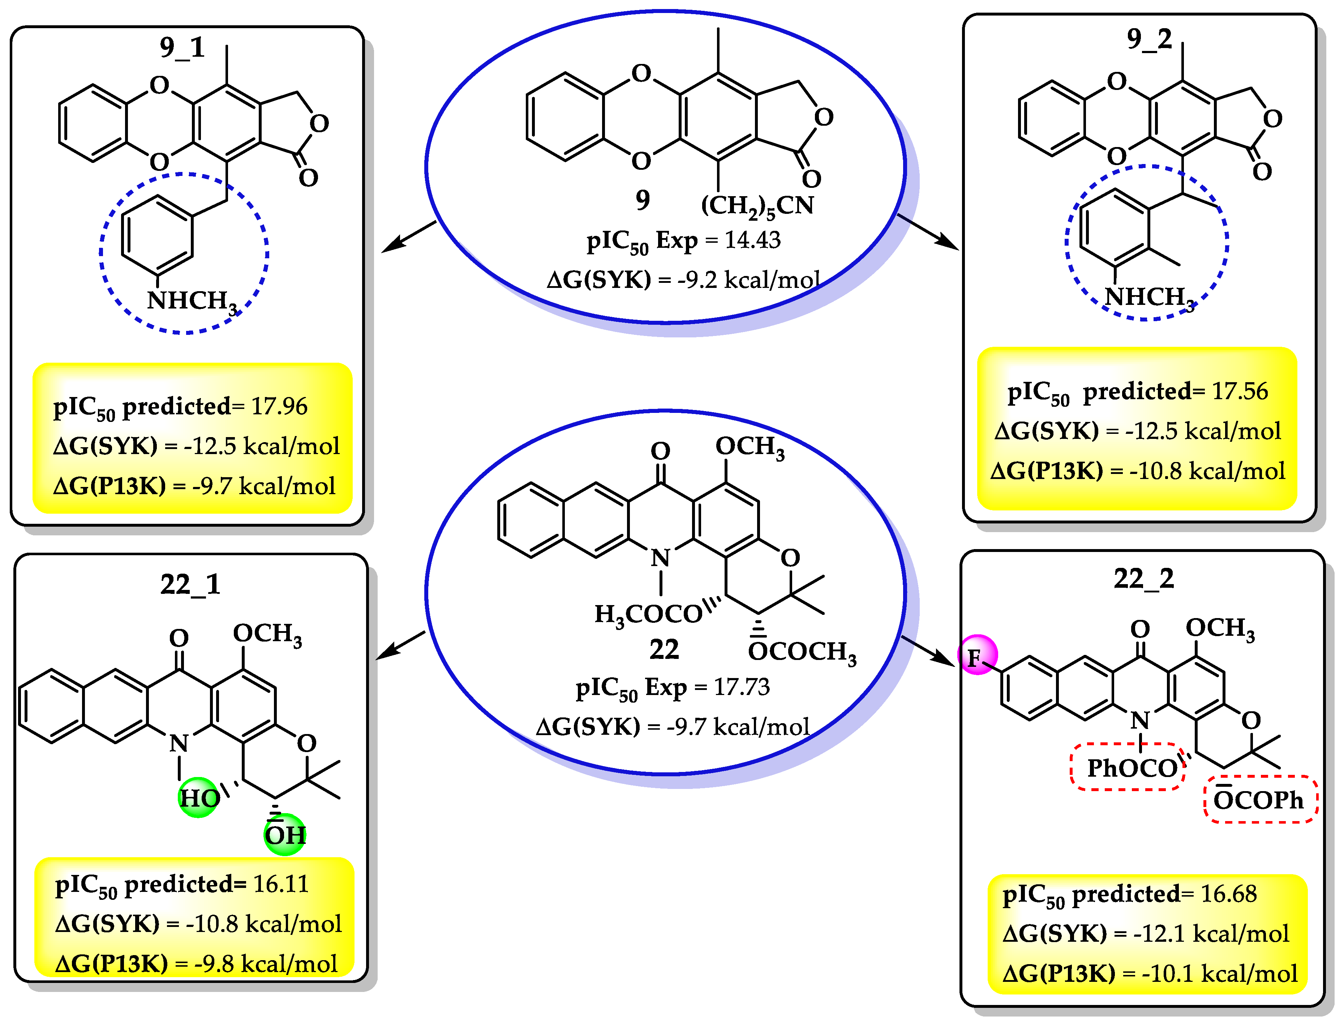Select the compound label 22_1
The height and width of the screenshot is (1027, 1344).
(190, 584)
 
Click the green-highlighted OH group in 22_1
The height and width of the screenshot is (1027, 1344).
(285, 834)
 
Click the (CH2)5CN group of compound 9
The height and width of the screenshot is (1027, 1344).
(757, 206)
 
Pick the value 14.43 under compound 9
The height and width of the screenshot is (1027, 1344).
(752, 240)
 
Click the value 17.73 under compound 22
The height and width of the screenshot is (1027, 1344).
(741, 687)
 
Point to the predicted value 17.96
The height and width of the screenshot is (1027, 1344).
(279, 406)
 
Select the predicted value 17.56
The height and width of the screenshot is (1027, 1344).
(1240, 391)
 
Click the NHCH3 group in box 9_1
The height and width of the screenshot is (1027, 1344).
(192, 301)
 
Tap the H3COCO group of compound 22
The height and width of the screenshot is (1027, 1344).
(648, 614)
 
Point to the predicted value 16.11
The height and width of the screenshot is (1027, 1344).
(281, 884)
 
